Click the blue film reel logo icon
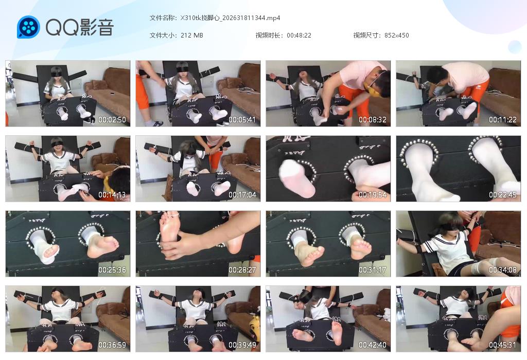coord(28,27)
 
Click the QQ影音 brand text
coord(80,27)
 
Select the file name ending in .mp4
coord(230,17)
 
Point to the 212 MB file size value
coord(192,35)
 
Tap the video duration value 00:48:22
coord(299,35)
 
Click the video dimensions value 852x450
coord(396,35)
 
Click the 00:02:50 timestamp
coord(112,120)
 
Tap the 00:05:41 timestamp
coord(242,120)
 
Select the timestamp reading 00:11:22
coord(503,120)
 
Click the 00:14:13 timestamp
coord(112,195)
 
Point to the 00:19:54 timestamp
coord(373,195)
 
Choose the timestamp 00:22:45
coord(503,195)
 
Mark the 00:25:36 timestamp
coord(112,270)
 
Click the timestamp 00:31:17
coord(373,270)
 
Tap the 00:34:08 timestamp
coord(503,270)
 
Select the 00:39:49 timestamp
coord(242,345)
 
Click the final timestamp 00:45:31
coord(503,345)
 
